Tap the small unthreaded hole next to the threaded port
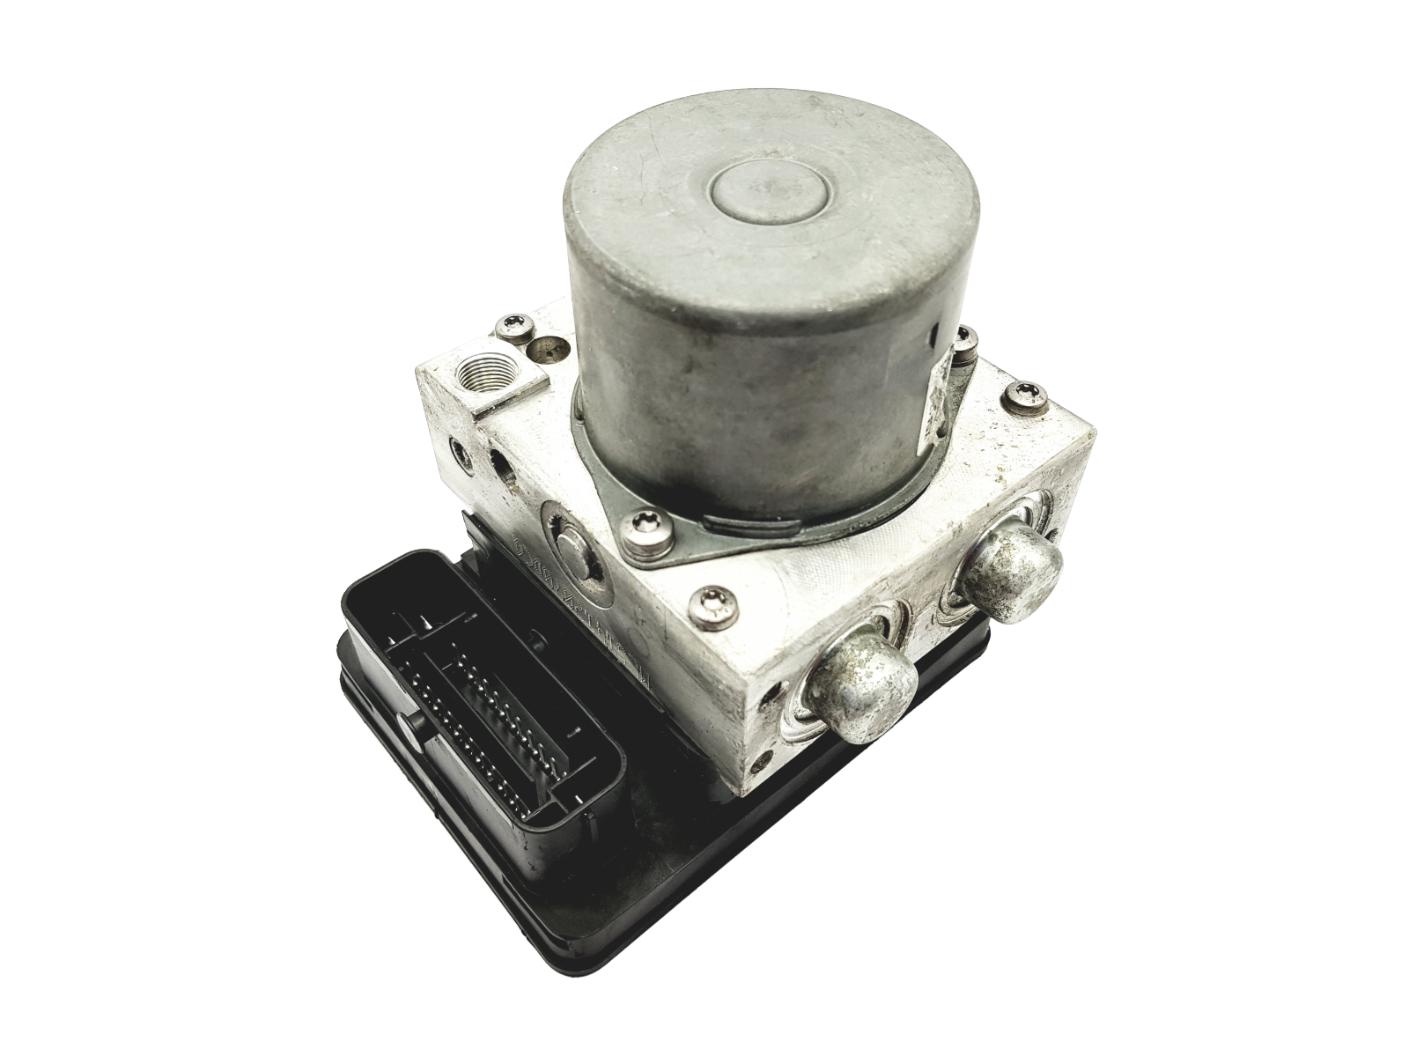[533, 351]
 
